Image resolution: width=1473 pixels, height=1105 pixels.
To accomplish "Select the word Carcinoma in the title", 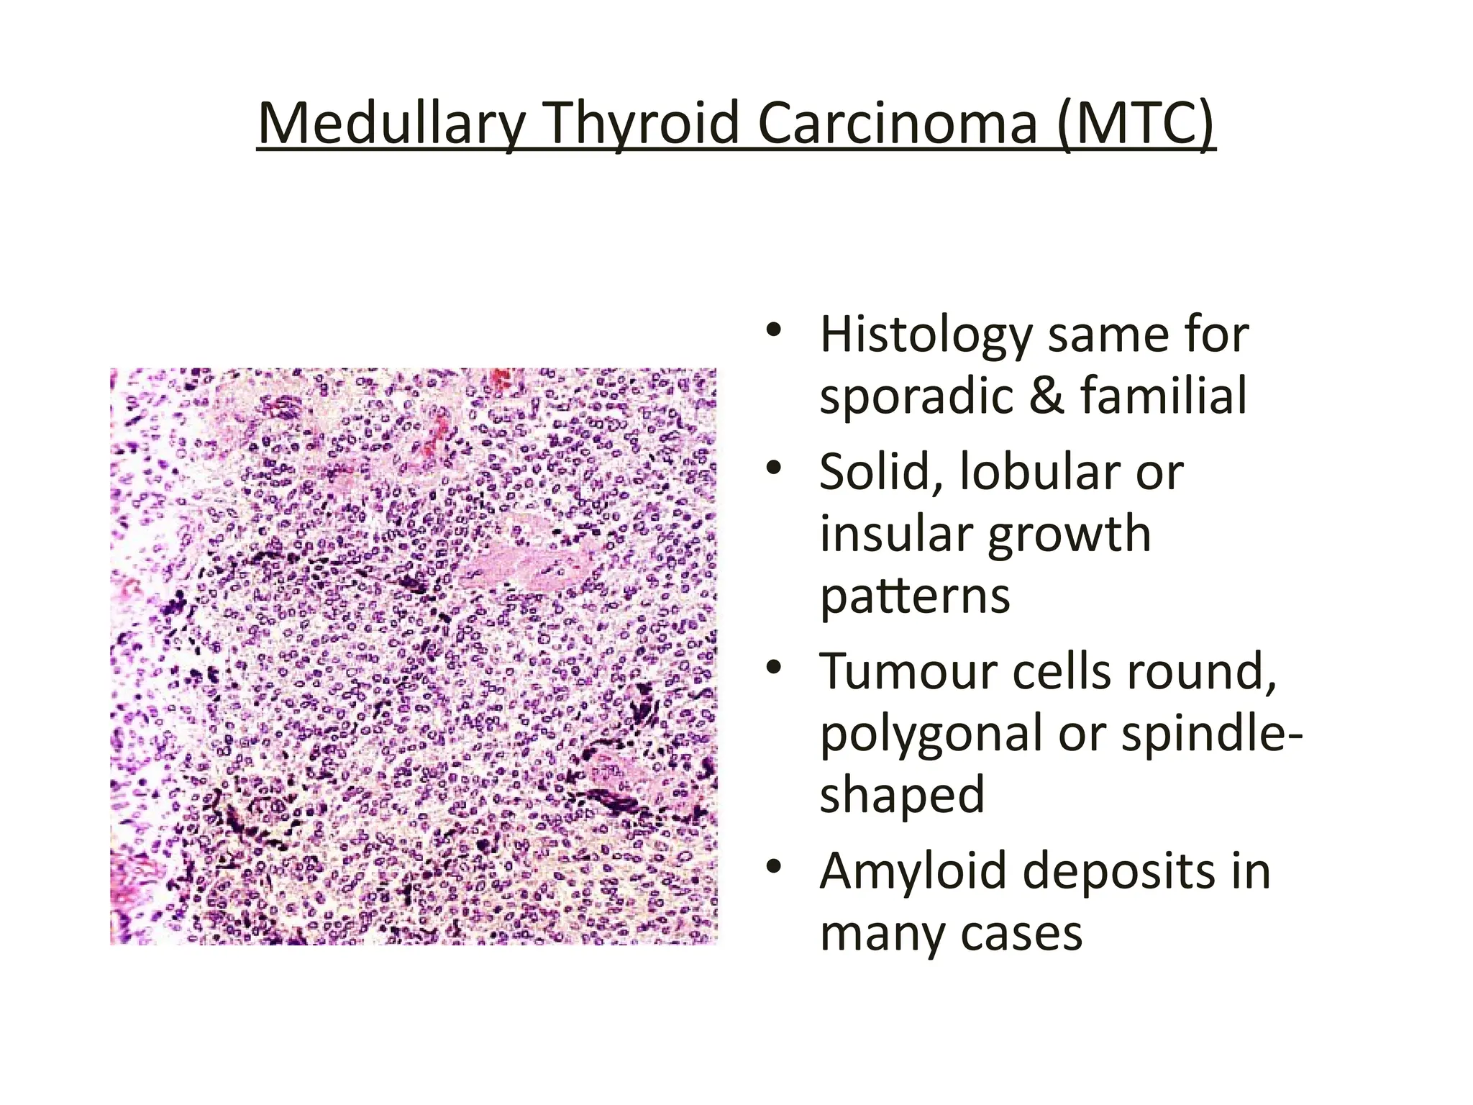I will [x=898, y=124].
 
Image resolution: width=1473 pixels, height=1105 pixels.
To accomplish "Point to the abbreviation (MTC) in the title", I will [x=1136, y=124].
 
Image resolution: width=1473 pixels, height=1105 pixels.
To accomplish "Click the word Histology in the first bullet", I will [x=927, y=336].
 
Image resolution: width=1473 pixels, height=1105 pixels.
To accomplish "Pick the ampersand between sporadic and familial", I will [x=1046, y=396].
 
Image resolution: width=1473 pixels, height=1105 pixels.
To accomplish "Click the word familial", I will [x=1163, y=396].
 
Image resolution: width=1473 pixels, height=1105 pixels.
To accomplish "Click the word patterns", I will [x=915, y=597].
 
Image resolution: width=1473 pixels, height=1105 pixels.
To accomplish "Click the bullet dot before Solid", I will [x=773, y=469].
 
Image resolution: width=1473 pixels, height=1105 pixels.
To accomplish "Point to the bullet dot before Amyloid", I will [x=773, y=867].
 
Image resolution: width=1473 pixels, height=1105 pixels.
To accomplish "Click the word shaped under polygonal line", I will [x=902, y=796].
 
